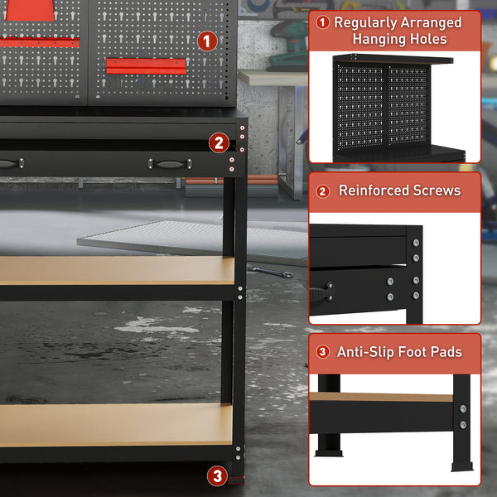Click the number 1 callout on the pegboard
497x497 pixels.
[207, 40]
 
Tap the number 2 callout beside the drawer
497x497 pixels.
[218, 142]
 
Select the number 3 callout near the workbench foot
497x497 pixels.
[217, 475]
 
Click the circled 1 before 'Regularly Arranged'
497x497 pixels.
[323, 22]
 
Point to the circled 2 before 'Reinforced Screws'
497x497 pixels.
[323, 191]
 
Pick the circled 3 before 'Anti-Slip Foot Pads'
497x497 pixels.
[323, 352]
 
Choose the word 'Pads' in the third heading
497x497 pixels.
[446, 352]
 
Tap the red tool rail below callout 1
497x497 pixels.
[146, 65]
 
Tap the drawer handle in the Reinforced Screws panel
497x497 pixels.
[319, 292]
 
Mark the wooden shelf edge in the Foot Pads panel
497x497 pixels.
[381, 398]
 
